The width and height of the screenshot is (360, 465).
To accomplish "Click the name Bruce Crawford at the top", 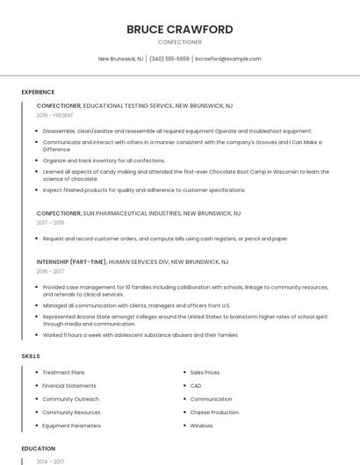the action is point(179,29).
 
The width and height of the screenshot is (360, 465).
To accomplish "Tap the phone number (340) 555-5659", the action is point(169,59).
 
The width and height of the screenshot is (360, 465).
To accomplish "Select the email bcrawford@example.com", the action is point(228,59).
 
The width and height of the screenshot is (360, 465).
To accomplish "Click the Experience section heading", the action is point(38,92).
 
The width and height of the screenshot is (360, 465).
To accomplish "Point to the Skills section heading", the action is point(31,356).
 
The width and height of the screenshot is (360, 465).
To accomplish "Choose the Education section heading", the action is point(38,448).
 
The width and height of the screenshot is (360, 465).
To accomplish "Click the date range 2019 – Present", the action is point(54,116).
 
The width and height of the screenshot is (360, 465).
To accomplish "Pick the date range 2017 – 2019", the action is point(50,223).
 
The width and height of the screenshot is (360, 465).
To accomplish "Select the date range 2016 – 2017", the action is point(50,272).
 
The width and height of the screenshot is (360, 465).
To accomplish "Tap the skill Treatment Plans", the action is point(63,373).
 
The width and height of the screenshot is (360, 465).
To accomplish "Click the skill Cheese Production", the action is point(214,412).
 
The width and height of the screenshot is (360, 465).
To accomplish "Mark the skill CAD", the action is point(196,386).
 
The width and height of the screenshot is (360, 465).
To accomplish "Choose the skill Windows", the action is point(201,426).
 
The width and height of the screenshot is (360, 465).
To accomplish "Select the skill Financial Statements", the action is point(69,386).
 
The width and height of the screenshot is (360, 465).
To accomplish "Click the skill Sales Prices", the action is point(205,373).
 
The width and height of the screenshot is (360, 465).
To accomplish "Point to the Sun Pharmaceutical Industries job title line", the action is point(139,213).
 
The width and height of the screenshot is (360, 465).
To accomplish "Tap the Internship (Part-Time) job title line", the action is point(132,261).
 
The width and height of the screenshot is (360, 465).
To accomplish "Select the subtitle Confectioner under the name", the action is point(179,42).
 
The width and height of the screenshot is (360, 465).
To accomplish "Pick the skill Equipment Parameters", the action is point(71,426).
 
